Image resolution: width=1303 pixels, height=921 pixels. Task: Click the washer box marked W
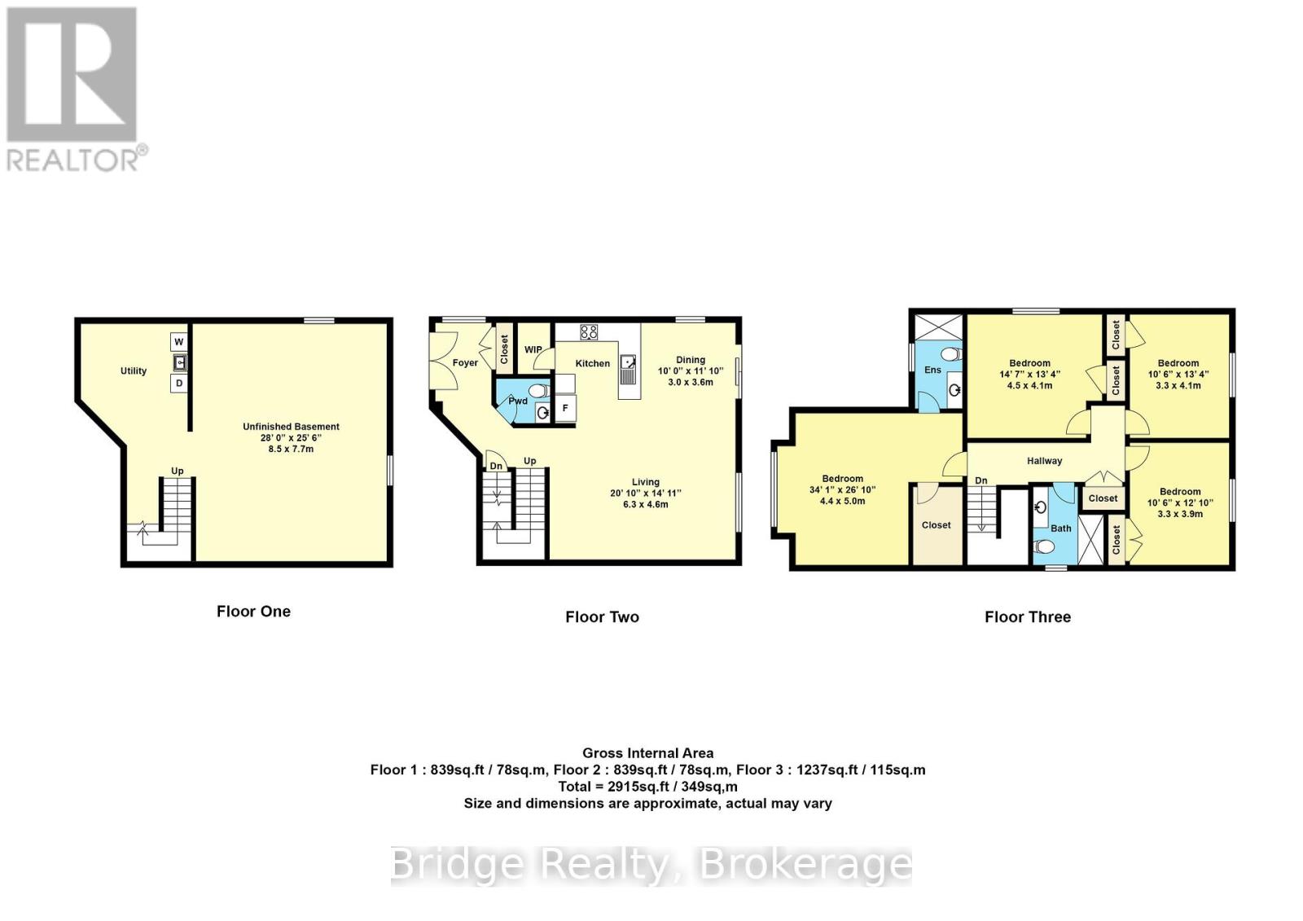(178, 342)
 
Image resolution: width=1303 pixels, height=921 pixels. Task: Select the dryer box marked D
(178, 383)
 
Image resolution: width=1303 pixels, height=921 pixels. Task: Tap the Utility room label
(134, 371)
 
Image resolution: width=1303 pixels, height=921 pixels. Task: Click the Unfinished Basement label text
(291, 427)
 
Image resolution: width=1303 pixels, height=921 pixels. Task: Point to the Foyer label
(465, 363)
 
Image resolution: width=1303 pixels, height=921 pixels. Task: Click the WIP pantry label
(533, 350)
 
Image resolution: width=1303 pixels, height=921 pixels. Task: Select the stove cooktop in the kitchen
(589, 332)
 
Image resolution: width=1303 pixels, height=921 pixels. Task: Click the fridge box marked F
(564, 409)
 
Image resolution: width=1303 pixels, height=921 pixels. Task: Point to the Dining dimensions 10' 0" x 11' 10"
(691, 371)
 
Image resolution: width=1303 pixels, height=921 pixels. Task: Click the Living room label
(645, 482)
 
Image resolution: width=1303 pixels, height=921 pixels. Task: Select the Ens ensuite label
(932, 370)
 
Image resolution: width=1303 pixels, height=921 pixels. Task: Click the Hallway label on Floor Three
(1044, 461)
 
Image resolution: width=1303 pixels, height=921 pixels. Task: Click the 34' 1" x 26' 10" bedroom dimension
(842, 490)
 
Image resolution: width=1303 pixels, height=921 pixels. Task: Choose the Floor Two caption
(602, 617)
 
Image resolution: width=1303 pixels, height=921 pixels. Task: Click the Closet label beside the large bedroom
(936, 525)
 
